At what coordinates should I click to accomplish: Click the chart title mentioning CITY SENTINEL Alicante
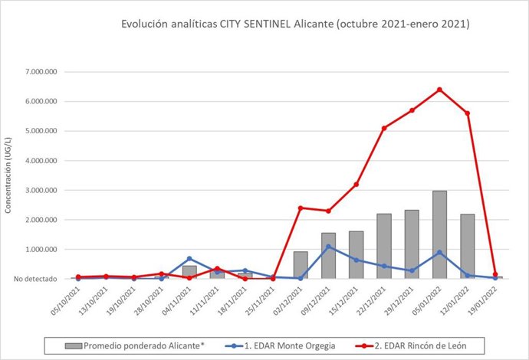[x=295, y=25]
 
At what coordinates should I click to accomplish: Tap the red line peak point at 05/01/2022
[x=439, y=90]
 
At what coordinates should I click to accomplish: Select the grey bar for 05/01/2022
[x=439, y=234]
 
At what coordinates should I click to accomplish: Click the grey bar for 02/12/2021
[x=301, y=265]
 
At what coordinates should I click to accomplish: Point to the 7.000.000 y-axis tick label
[x=43, y=72]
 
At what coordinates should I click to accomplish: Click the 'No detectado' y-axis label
[x=34, y=279]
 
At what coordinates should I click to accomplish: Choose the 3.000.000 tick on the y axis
[x=43, y=190]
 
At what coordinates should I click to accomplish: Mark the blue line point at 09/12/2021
[x=328, y=247]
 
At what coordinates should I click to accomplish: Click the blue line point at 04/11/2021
[x=189, y=259]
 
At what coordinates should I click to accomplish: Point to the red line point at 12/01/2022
[x=467, y=113]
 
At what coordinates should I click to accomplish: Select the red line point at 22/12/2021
[x=384, y=128]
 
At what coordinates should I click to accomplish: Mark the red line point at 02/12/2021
[x=301, y=208]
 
